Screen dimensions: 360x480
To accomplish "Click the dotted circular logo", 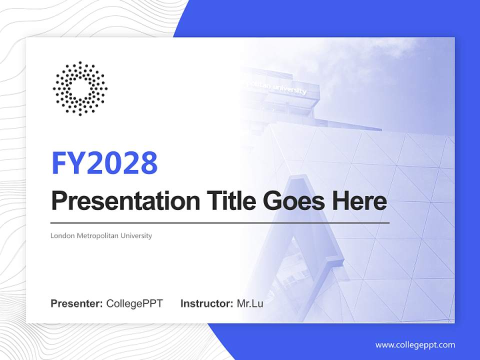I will click(x=80, y=88).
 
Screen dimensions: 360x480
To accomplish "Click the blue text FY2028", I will click(x=104, y=163).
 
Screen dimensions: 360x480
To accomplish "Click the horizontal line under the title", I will click(x=220, y=222).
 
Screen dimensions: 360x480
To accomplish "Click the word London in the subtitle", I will click(x=62, y=235).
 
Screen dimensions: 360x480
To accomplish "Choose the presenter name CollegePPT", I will click(x=134, y=303).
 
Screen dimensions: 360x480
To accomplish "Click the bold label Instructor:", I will click(x=206, y=303).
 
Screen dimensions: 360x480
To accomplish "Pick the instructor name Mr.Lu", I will click(x=250, y=303).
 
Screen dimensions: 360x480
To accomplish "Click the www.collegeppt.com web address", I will click(x=415, y=345).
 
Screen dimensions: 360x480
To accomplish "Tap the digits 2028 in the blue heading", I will click(x=119, y=163).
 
